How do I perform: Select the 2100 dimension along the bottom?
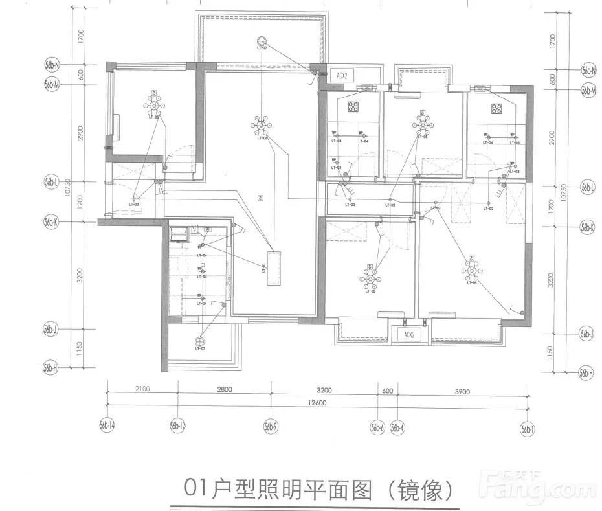pos(142,390)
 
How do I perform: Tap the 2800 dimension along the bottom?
pos(224,390)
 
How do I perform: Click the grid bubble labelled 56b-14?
pos(107,426)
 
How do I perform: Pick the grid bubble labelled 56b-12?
pos(178,426)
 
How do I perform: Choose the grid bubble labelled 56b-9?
pos(271,427)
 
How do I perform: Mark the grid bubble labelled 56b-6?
pos(378,427)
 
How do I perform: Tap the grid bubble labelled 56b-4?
pos(397,427)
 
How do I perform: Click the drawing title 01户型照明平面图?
pos(278,490)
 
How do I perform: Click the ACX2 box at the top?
pos(342,75)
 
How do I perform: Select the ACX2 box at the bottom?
pos(408,335)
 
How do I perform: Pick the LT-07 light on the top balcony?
pos(262,40)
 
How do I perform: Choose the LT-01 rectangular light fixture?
pos(273,267)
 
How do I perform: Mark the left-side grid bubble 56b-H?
pos(51,367)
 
